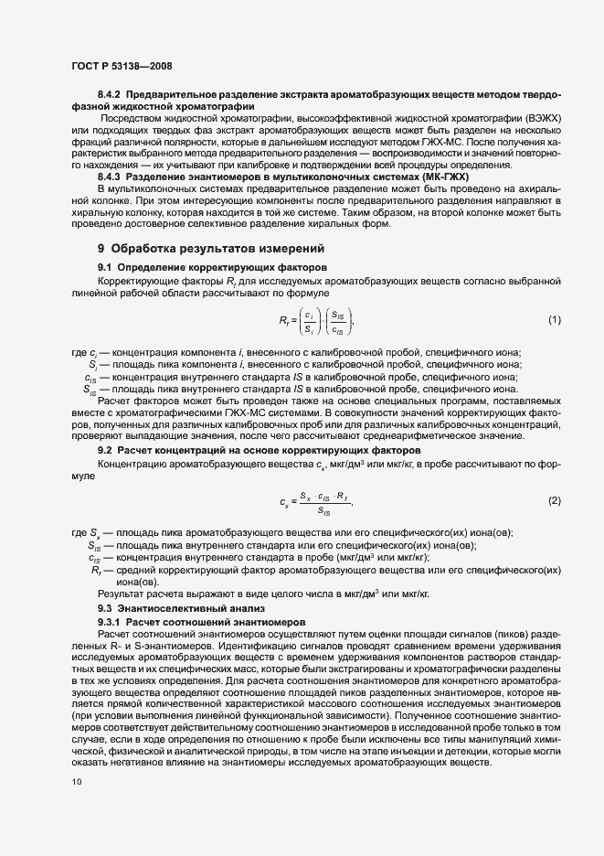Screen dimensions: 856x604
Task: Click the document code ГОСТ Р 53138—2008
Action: (121, 66)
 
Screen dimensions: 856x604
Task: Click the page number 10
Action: (77, 782)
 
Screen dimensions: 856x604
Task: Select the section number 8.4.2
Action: (109, 96)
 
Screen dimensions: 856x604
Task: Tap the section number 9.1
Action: (104, 266)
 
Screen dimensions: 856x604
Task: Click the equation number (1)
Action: (554, 319)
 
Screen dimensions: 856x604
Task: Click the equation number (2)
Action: (554, 500)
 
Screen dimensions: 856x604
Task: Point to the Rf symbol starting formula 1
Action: (284, 320)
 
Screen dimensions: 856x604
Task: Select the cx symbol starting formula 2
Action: (284, 501)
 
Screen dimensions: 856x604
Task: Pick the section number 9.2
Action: (104, 451)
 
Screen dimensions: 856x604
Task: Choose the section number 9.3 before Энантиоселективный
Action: (104, 608)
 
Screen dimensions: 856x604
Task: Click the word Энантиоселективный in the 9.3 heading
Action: (175, 608)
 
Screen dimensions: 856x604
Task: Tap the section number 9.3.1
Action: (109, 621)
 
